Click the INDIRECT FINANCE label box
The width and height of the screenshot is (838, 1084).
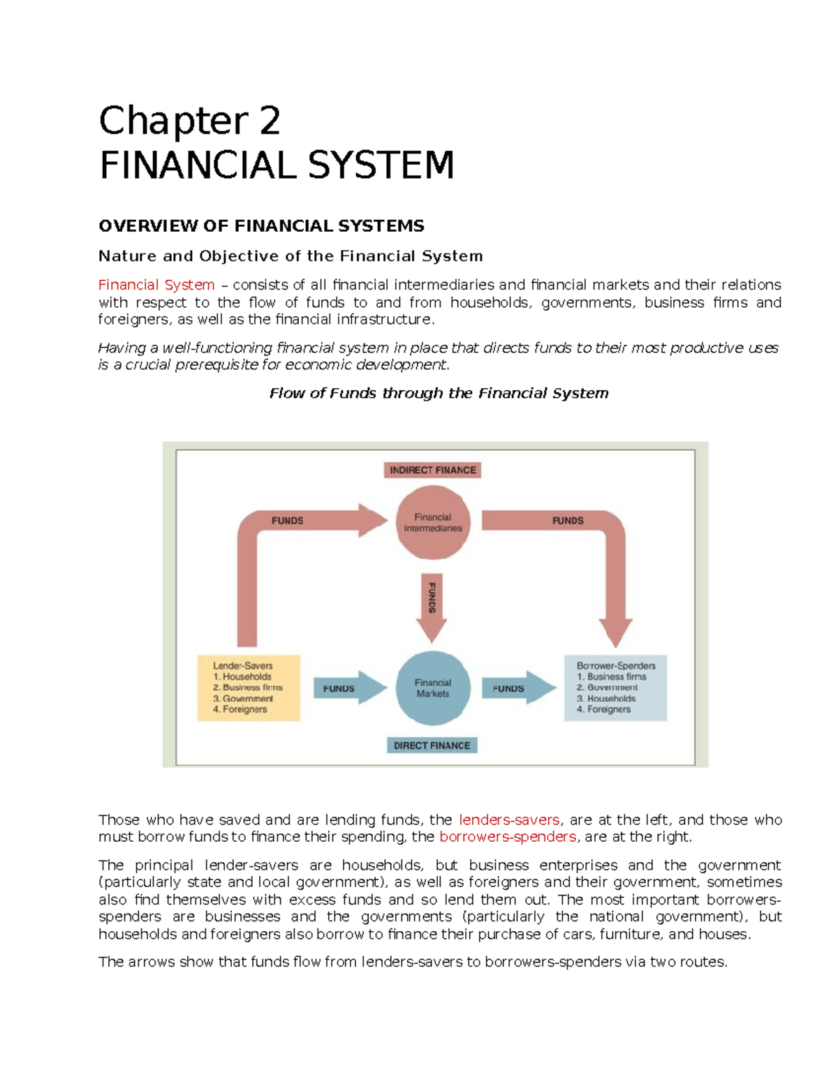click(x=432, y=470)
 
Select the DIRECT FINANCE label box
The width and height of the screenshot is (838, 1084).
click(x=432, y=745)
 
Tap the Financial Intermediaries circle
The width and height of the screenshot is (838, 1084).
click(x=433, y=523)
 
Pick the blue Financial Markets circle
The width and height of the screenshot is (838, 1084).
click(x=433, y=688)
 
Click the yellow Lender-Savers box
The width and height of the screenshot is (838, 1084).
click(x=249, y=688)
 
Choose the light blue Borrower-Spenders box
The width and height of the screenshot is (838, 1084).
click(x=615, y=688)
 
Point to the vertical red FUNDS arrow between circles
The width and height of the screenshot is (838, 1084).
click(x=432, y=604)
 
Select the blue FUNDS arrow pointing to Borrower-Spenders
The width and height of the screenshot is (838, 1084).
click(x=517, y=688)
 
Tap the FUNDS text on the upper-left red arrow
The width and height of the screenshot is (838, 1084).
click(x=287, y=521)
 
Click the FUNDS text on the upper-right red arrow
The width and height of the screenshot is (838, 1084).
click(x=568, y=521)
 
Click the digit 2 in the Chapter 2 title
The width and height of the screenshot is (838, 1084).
click(x=270, y=121)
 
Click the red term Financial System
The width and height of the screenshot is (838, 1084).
click(x=156, y=285)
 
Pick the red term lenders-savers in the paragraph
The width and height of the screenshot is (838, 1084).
click(x=509, y=819)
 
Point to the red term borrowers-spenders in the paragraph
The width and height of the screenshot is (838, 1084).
click(x=508, y=837)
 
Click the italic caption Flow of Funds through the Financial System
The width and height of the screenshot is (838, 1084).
click(x=439, y=393)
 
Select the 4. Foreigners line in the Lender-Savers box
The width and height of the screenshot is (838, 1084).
click(x=240, y=709)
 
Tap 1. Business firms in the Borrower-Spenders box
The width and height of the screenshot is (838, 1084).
click(x=612, y=676)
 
